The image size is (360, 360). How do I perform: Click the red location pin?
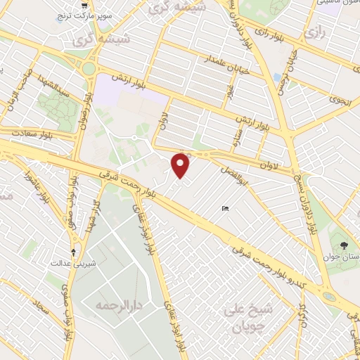[181, 165]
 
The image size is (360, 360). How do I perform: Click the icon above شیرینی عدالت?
[74, 251]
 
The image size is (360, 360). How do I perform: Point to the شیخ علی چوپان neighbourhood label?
[243, 316]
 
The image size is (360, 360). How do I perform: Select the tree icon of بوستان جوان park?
[343, 245]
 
